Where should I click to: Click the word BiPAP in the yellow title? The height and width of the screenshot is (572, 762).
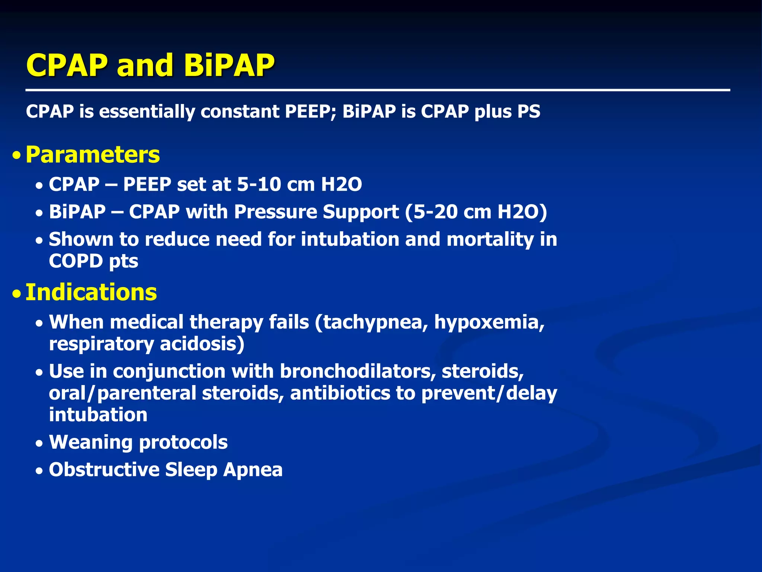coord(229,65)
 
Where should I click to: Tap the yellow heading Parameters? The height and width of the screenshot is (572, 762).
coord(93,155)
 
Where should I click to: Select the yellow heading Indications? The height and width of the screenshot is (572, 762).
coord(91,292)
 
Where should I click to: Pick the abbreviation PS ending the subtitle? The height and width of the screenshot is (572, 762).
coord(528,111)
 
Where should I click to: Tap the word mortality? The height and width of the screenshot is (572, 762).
coord(490,239)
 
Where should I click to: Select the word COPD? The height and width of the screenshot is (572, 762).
coord(76,261)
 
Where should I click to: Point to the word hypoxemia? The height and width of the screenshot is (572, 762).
coord(489,322)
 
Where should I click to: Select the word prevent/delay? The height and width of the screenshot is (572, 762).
coord(489,393)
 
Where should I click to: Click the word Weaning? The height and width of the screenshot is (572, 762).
coord(91,442)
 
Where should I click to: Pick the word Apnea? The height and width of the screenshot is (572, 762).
coord(253,470)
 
